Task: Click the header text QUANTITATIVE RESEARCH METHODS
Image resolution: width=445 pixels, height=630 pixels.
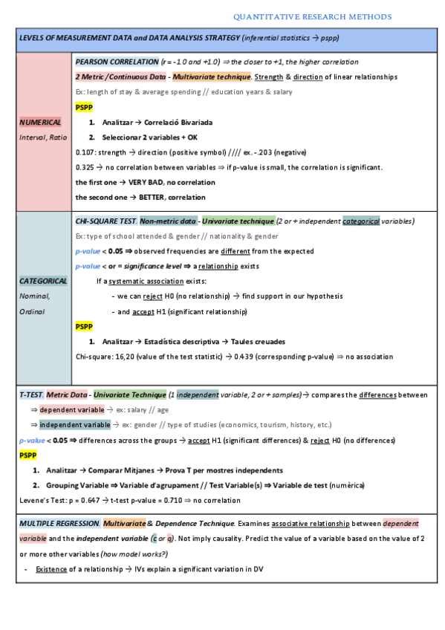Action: pyautogui.click(x=312, y=16)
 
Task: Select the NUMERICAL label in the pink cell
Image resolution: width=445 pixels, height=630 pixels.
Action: pyautogui.click(x=41, y=122)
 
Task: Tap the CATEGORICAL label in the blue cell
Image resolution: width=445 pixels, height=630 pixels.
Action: pyautogui.click(x=43, y=281)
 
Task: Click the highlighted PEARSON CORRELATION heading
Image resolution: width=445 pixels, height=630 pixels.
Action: pyautogui.click(x=117, y=62)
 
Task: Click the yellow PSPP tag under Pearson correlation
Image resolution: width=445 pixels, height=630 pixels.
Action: pyautogui.click(x=85, y=107)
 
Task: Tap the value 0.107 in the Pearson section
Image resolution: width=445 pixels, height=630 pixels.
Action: pyautogui.click(x=85, y=152)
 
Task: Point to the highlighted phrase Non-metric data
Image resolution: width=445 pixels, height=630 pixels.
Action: pyautogui.click(x=168, y=221)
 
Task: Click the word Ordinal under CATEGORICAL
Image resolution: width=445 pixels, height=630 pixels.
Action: pyautogui.click(x=33, y=311)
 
